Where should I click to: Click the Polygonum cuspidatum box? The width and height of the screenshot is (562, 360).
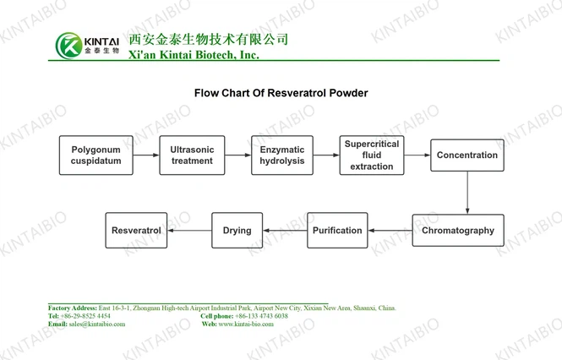pos(95,155)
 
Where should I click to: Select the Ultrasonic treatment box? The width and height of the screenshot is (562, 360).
pos(192,155)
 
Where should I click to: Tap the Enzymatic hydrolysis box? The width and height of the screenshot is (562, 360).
pos(281,155)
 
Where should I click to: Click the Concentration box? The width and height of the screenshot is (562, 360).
pos(467,155)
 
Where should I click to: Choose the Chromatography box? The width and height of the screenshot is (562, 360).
pos(457,231)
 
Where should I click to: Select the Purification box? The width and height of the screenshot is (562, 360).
pos(337,231)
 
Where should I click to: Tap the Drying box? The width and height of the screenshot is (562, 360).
pos(237,231)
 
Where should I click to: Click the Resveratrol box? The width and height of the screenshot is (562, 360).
pos(136,231)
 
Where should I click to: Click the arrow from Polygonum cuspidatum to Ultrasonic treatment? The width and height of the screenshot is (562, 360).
pos(146,155)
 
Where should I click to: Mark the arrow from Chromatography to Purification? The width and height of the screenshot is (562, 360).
pos(390,231)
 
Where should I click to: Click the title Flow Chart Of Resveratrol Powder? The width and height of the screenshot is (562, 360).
pos(281,94)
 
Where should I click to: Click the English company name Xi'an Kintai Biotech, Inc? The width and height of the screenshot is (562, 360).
pos(193,55)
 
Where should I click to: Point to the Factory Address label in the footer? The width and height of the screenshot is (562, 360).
pos(73,308)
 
